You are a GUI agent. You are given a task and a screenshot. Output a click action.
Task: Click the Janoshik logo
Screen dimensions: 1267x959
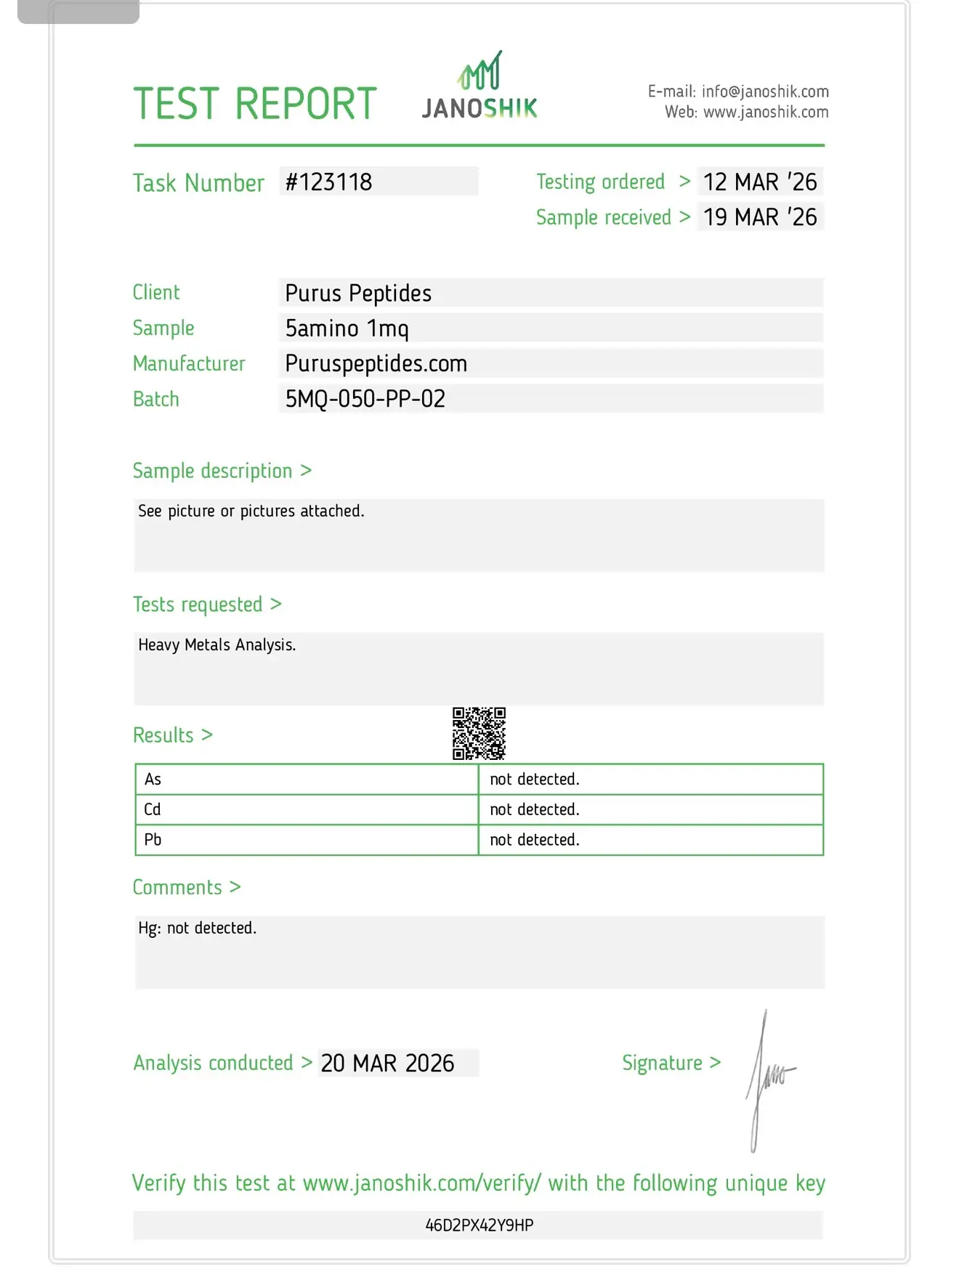[x=479, y=86]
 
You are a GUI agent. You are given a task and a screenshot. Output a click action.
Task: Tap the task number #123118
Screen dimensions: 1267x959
[x=328, y=182]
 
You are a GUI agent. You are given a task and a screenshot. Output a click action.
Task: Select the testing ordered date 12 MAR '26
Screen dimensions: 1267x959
[x=760, y=182]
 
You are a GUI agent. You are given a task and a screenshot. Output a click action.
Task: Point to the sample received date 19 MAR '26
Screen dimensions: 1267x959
[x=760, y=217]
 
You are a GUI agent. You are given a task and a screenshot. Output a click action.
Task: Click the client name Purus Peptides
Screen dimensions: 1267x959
[x=358, y=294]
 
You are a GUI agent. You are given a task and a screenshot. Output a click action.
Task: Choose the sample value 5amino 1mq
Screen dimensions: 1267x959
[x=347, y=328]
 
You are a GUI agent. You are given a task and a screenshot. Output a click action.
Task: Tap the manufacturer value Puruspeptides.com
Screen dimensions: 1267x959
[x=376, y=363]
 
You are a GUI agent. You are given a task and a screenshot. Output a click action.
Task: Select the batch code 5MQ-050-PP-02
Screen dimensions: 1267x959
[x=365, y=399]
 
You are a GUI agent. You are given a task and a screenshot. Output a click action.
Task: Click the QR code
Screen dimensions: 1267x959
[x=479, y=733]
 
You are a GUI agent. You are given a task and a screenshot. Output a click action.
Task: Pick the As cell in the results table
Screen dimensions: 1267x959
[x=153, y=780]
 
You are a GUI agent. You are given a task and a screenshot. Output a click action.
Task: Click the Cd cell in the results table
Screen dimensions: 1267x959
[x=153, y=809]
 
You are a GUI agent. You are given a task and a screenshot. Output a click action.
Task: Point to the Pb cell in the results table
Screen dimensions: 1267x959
[x=153, y=840]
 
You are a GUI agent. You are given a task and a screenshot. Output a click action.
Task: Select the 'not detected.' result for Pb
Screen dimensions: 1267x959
[x=534, y=840]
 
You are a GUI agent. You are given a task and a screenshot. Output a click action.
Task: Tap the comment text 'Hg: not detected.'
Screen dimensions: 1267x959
[x=197, y=928]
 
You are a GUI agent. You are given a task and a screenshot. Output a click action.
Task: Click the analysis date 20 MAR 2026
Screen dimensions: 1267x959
[x=387, y=1063]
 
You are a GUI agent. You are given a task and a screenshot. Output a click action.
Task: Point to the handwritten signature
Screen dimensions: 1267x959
[x=766, y=1079]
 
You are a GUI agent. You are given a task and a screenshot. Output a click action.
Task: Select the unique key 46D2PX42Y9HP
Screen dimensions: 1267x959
[x=479, y=1226]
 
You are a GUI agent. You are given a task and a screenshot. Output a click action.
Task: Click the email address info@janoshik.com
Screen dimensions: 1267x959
[x=764, y=92]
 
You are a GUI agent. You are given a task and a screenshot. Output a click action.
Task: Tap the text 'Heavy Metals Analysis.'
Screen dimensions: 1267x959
[x=217, y=644]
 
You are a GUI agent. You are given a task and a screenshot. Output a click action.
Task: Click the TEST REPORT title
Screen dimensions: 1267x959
[x=255, y=104]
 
